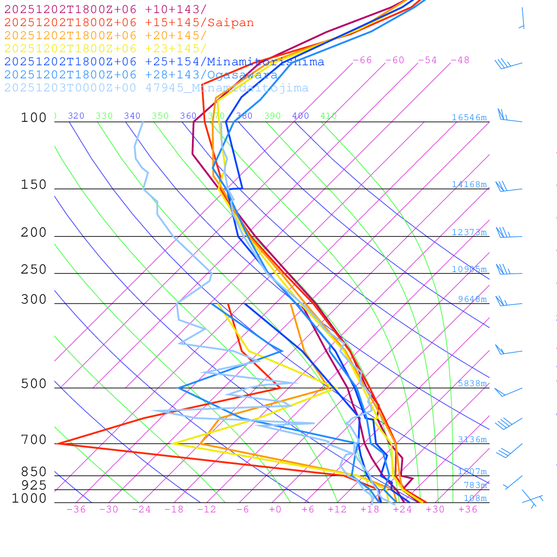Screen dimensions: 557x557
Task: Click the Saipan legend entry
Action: [129, 23]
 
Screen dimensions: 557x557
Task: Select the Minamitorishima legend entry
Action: [164, 62]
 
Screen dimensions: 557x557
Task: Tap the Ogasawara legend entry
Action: [141, 75]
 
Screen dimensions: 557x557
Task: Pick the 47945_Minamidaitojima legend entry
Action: [156, 88]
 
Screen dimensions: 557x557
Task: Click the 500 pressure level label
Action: [34, 384]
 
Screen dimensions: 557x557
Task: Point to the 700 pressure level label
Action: [34, 440]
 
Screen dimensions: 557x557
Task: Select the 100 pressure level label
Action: [34, 117]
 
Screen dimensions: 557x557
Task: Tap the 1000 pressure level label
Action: [29, 498]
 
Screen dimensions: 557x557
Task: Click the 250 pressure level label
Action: [34, 269]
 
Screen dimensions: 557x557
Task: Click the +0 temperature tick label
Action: [275, 509]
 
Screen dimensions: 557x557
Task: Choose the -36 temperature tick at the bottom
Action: [76, 509]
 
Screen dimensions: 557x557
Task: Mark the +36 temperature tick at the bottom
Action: [468, 509]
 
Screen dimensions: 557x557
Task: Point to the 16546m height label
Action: [469, 117]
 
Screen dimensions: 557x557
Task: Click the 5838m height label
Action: [472, 383]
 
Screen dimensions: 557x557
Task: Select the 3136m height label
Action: [472, 440]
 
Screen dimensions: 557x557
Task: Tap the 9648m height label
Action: [472, 299]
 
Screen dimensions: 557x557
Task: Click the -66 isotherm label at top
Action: [362, 60]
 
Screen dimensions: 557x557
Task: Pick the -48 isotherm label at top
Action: [460, 60]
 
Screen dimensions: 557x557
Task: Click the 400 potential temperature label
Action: [300, 116]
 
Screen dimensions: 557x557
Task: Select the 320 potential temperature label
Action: [76, 116]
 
